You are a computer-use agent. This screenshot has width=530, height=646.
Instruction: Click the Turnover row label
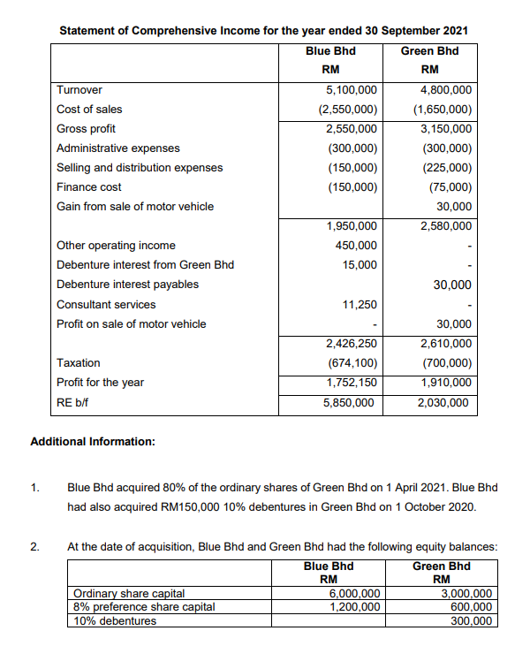point(79,90)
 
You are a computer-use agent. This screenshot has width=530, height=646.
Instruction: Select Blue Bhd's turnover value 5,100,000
point(352,90)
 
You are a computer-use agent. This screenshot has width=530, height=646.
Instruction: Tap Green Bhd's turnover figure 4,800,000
point(446,90)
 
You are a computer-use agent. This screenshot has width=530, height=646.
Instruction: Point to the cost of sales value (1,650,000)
point(443,110)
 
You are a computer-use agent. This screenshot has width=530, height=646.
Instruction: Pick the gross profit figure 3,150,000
point(446,129)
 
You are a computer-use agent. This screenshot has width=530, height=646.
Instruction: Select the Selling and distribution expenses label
point(140,168)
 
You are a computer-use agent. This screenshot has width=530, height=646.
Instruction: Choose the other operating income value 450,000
point(357,246)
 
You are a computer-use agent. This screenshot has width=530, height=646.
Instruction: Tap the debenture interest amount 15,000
point(360,265)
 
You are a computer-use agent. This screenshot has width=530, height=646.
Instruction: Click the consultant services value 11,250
point(360,304)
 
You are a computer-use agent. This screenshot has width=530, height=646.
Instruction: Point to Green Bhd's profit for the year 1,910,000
point(446,383)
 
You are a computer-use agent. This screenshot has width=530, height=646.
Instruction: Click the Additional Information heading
point(93,441)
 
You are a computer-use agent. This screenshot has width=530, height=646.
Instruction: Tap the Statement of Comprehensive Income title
point(263,30)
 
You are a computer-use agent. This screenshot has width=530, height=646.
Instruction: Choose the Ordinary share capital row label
point(129,594)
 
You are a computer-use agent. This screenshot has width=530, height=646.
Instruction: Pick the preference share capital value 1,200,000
point(355,607)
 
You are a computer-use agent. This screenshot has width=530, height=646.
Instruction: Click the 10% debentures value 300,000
point(469,620)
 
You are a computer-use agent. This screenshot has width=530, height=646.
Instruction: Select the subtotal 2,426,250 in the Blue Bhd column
point(352,344)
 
